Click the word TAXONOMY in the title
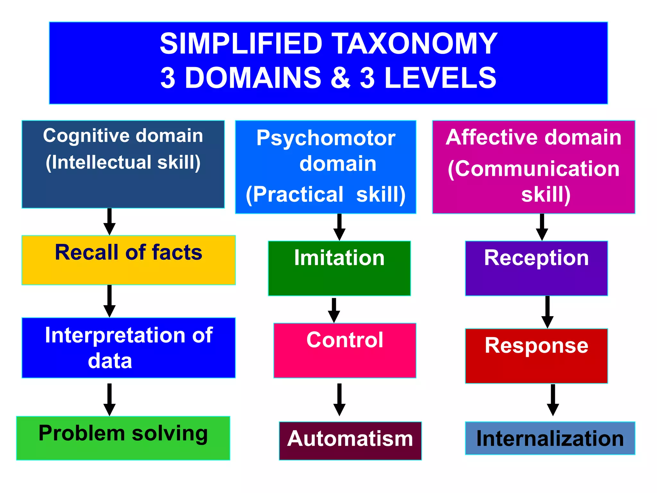[414, 44]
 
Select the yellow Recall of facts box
[128, 260]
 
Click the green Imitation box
[339, 268]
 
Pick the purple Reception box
[536, 268]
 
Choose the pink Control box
[345, 350]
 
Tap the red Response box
[536, 356]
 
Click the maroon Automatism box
[350, 440]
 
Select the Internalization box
[550, 438]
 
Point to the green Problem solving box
[123, 438]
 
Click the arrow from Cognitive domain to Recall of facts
[109, 222]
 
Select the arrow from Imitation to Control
[334, 310]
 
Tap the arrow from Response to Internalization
[553, 400]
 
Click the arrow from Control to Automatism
[339, 400]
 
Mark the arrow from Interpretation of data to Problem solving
[109, 400]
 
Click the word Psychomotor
[326, 138]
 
